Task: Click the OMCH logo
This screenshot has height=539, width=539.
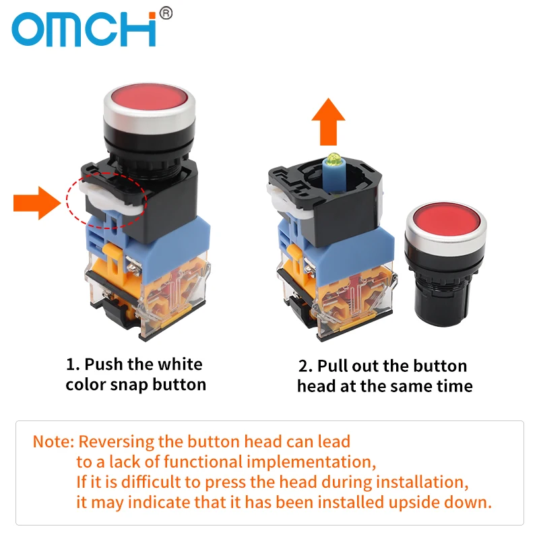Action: [x=84, y=28]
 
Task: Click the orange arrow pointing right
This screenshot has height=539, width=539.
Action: [x=37, y=203]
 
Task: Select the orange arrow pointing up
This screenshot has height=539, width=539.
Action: [x=328, y=121]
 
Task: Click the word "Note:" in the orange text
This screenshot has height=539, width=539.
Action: [x=53, y=442]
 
